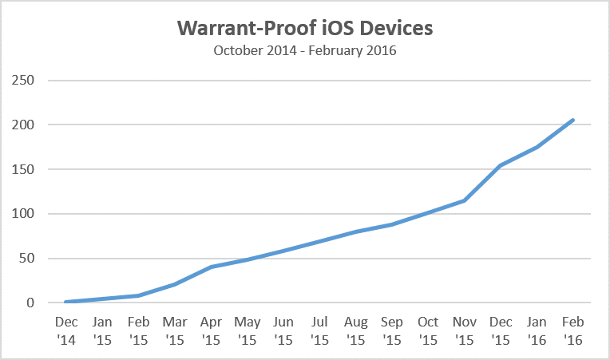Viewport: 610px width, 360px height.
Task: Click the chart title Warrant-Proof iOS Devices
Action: [x=304, y=29]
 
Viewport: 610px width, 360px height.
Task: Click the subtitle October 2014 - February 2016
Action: [x=304, y=52]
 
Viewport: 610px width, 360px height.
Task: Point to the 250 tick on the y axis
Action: [x=23, y=81]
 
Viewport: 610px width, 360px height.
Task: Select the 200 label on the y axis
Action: [x=23, y=125]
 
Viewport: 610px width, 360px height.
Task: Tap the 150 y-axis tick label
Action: [x=23, y=170]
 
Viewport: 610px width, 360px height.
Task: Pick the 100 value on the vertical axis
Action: [x=23, y=214]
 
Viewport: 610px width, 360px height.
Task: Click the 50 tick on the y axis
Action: [x=26, y=259]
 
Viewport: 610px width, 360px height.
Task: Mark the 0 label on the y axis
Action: [x=30, y=303]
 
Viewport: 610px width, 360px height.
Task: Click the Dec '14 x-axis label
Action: [x=66, y=330]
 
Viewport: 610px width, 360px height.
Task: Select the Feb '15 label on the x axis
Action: [x=139, y=330]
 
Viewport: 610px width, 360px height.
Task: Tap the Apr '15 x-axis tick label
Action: [x=211, y=330]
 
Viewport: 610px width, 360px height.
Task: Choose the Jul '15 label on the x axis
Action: [x=319, y=330]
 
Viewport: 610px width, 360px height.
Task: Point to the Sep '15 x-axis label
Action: [x=392, y=330]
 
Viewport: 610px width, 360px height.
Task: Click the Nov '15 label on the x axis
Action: [x=464, y=330]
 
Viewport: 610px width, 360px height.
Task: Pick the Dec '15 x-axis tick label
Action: [x=501, y=330]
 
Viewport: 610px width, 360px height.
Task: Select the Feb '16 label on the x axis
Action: [x=572, y=330]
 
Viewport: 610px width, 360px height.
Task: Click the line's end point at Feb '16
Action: [x=572, y=121]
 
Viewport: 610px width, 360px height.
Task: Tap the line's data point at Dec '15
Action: [x=501, y=166]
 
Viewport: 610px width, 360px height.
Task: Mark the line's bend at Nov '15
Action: [x=464, y=200]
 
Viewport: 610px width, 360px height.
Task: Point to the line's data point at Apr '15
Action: [x=211, y=267]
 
